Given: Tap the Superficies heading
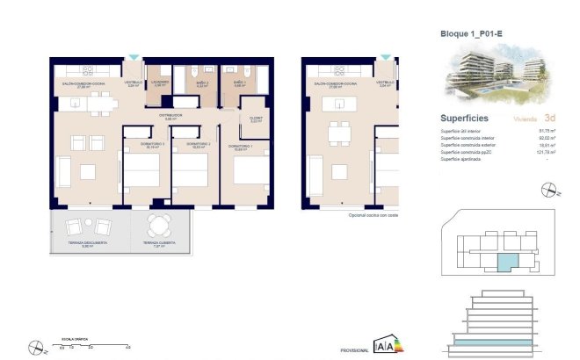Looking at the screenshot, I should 465,117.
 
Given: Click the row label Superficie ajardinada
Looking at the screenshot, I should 464,159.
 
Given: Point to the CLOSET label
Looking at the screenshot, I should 257,119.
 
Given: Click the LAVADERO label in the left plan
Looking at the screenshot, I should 159,83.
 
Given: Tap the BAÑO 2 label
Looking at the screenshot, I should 201,83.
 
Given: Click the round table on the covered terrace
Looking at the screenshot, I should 158,223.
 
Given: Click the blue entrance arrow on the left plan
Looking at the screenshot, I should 134,58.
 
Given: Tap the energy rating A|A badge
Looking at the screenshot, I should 385,345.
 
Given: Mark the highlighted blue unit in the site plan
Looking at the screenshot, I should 508,261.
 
